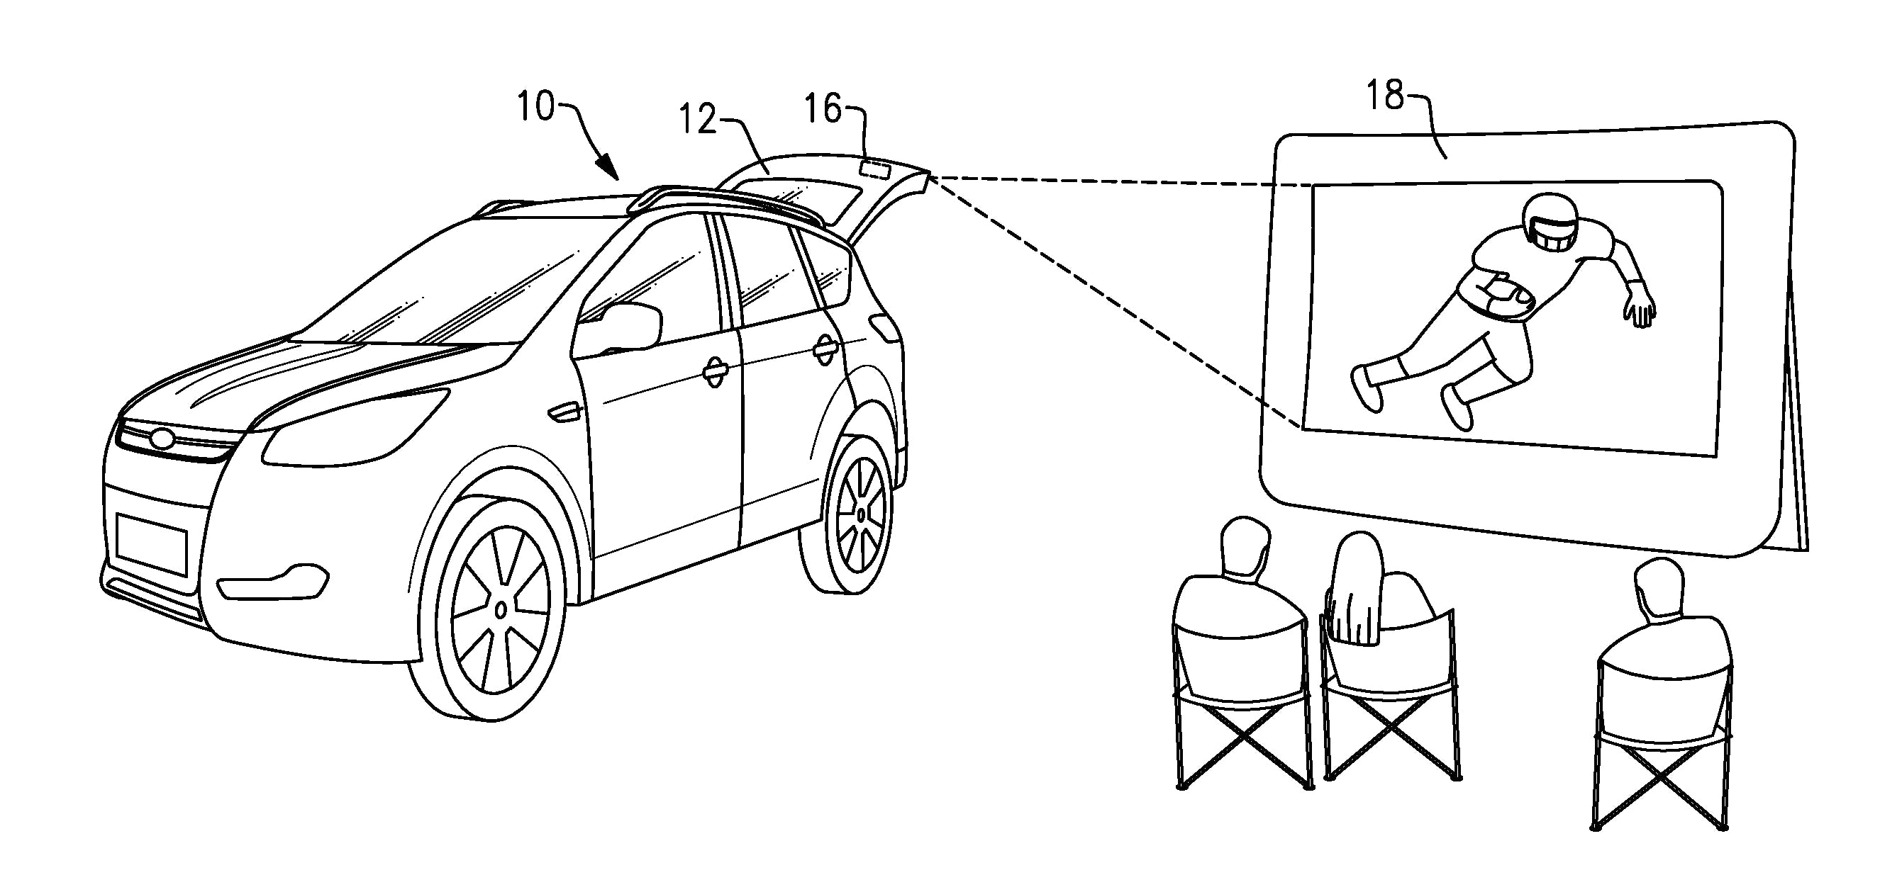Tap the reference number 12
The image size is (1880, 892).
point(698,119)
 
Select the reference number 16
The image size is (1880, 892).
point(823,108)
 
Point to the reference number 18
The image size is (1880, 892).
point(1384,96)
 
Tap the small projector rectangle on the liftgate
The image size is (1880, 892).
point(873,170)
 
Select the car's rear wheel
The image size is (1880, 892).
point(861,515)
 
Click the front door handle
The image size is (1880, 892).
point(716,373)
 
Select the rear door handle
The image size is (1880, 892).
point(825,349)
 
